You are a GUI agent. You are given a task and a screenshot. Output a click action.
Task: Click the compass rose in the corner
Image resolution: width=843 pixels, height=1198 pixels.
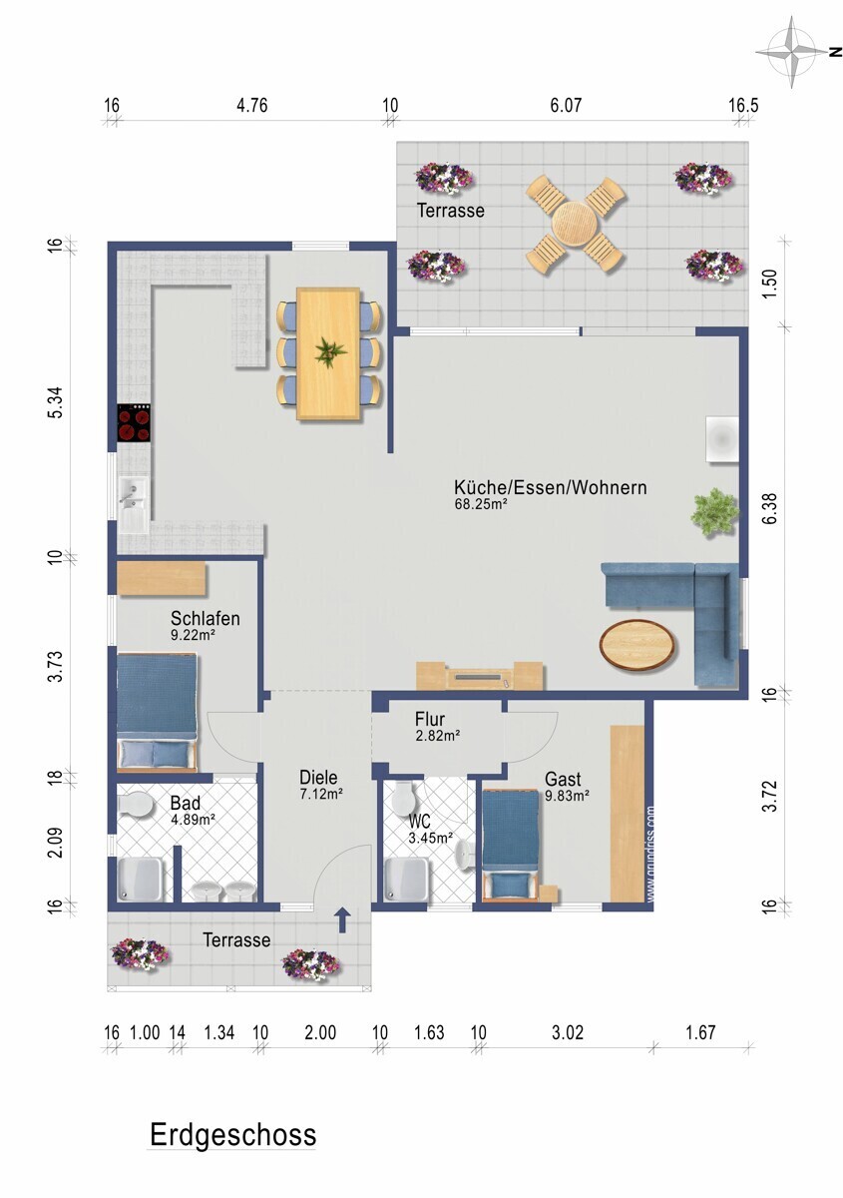(791, 52)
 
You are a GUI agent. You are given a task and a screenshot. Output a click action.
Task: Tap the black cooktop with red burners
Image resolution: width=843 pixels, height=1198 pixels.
(134, 422)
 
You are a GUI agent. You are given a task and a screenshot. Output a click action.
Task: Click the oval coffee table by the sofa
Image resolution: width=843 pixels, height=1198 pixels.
(636, 644)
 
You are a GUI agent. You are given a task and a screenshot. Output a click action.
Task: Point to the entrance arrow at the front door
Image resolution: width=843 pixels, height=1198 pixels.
(343, 919)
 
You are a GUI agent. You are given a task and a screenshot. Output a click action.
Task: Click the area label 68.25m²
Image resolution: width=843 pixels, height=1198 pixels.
(481, 503)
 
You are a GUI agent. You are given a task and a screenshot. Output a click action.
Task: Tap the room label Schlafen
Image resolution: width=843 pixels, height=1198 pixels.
(205, 618)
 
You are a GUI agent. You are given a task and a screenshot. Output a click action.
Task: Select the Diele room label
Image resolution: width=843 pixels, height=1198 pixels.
(318, 777)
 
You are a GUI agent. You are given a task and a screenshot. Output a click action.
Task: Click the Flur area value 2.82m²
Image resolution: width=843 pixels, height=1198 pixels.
(438, 736)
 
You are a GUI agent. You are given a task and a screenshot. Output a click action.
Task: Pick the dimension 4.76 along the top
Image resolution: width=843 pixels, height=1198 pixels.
(251, 106)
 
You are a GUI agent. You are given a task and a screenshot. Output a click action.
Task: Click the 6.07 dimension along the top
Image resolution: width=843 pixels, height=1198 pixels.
(566, 106)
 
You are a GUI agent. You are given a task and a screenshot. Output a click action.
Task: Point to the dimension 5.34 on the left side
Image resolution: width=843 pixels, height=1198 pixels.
(56, 402)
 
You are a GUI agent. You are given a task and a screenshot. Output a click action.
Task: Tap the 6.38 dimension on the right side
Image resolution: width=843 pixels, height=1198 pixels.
(769, 508)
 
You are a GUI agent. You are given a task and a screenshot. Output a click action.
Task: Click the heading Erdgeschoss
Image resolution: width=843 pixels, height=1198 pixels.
(233, 1135)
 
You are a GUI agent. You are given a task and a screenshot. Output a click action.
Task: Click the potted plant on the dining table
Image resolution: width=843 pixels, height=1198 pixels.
(330, 353)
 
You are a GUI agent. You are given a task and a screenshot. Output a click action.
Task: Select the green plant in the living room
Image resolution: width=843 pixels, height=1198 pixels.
(715, 512)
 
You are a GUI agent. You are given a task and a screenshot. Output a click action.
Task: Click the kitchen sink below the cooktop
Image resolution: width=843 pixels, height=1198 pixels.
(134, 505)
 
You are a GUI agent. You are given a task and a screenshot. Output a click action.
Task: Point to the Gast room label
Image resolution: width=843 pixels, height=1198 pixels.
(563, 778)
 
